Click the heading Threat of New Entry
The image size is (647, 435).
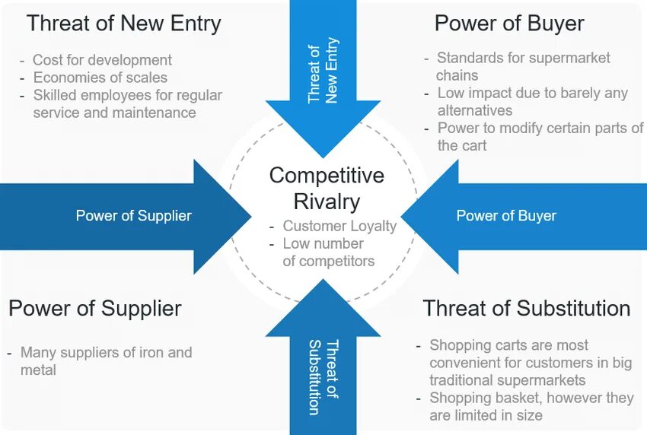[123, 24]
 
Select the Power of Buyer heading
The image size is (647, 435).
[509, 24]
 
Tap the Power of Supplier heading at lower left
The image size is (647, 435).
[95, 309]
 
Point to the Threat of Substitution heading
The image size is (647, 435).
[526, 309]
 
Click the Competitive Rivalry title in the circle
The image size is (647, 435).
[327, 188]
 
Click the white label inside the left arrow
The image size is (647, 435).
[133, 216]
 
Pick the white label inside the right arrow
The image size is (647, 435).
[506, 216]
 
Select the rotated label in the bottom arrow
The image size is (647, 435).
[323, 377]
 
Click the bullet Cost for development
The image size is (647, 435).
[102, 59]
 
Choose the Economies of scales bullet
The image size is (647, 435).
[100, 78]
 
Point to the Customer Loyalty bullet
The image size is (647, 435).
[339, 226]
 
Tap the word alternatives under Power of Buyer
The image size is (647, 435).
[474, 110]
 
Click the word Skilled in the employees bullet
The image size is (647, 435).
[57, 95]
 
